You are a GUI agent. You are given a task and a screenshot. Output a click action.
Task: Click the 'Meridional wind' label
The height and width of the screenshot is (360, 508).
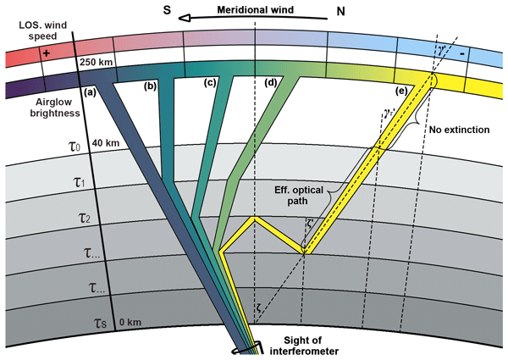(256, 9)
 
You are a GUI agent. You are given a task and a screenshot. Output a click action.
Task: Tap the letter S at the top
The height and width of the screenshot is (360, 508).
(167, 10)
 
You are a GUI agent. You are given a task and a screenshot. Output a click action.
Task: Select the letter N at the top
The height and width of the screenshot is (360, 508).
(340, 11)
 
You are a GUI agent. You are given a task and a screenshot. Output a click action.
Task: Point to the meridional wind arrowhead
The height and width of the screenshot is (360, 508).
(184, 18)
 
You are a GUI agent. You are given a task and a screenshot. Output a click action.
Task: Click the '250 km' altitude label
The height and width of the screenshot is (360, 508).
(96, 62)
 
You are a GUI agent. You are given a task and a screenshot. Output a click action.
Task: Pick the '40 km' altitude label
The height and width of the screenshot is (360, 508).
(106, 142)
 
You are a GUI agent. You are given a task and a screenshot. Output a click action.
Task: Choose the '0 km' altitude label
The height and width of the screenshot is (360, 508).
(130, 322)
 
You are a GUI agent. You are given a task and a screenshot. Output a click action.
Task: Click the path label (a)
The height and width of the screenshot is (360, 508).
(90, 92)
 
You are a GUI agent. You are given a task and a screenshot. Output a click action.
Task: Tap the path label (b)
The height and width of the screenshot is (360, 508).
(151, 86)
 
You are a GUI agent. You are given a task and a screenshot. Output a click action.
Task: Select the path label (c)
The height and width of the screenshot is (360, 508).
(210, 83)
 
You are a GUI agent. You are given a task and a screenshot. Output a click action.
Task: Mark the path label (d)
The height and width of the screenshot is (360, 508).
(271, 83)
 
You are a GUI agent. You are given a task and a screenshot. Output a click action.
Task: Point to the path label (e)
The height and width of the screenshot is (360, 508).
(401, 91)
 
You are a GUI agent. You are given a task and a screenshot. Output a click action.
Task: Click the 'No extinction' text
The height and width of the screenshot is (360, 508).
(460, 130)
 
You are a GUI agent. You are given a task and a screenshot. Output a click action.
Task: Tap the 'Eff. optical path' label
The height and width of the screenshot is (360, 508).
(299, 196)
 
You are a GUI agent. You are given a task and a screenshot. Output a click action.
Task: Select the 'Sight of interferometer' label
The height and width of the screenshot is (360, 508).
(304, 346)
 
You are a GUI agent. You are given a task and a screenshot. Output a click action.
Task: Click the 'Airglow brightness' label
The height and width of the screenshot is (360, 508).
(55, 108)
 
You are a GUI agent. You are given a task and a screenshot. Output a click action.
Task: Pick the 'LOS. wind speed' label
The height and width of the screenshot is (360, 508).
(43, 30)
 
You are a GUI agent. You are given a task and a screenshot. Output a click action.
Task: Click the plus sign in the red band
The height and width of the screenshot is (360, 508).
(47, 53)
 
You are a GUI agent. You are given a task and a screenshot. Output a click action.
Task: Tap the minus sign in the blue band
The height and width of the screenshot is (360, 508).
(462, 53)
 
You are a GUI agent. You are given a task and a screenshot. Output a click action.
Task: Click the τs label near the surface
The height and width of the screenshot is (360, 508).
(101, 323)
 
